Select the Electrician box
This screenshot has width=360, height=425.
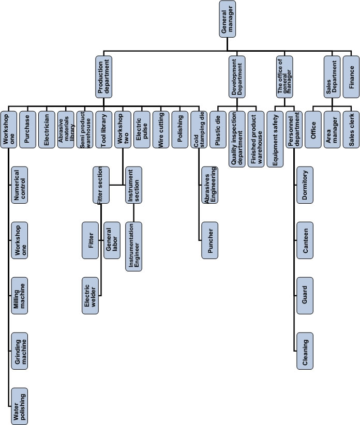click(x=47, y=130)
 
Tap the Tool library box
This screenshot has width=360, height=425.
click(x=103, y=130)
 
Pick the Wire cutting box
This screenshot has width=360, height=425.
click(x=161, y=130)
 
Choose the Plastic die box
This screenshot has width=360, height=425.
click(x=218, y=130)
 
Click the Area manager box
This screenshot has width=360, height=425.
click(x=332, y=130)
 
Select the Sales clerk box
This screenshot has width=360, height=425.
click(x=351, y=130)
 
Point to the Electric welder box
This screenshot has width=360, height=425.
click(x=90, y=295)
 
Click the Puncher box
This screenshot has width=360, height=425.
click(x=209, y=240)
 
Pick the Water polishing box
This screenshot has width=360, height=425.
click(x=20, y=406)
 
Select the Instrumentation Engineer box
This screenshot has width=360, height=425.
click(x=133, y=247)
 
